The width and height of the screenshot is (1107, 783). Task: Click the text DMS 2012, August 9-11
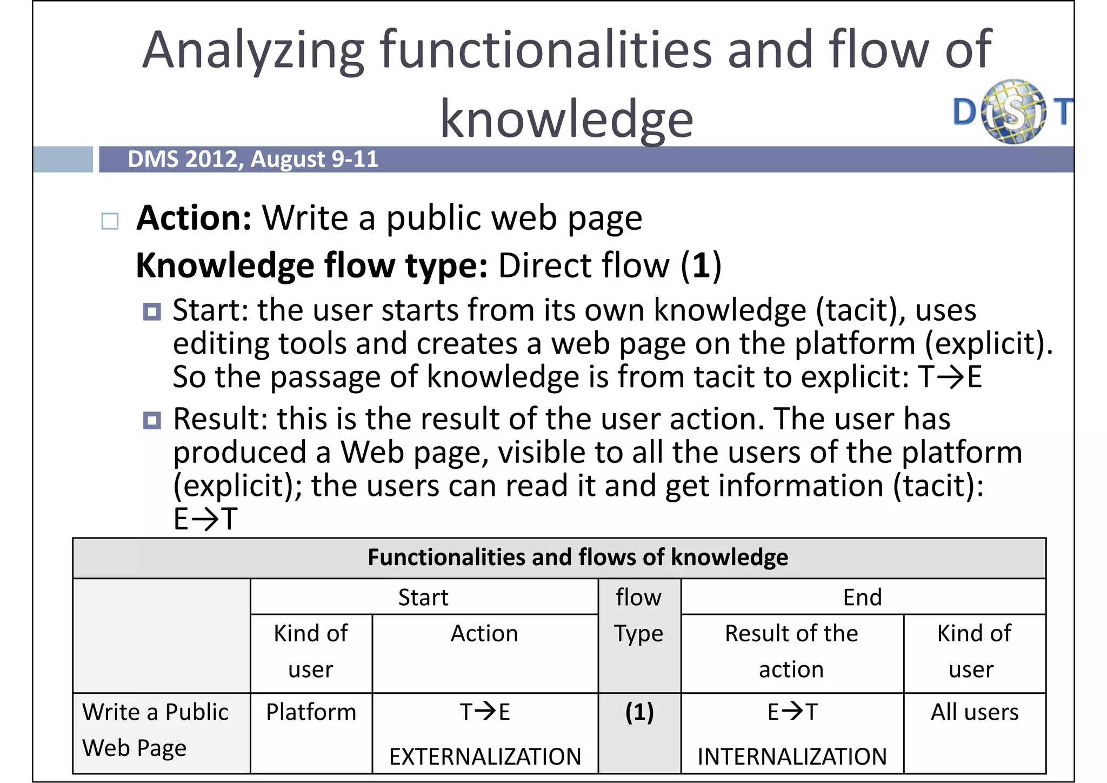(x=252, y=160)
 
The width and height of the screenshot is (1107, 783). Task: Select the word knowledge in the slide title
(x=566, y=119)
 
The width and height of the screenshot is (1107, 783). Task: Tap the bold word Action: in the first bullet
(x=194, y=218)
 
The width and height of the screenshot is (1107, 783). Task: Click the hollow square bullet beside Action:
(x=110, y=221)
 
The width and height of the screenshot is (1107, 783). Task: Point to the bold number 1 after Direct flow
(x=701, y=266)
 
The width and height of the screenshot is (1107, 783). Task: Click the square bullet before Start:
(x=152, y=311)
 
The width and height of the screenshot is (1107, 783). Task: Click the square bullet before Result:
(x=152, y=420)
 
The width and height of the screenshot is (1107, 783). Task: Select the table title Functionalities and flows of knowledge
(x=577, y=558)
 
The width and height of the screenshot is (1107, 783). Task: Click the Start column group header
(x=423, y=598)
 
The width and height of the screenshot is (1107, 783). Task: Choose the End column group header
(x=862, y=598)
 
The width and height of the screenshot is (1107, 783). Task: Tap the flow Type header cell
(x=638, y=615)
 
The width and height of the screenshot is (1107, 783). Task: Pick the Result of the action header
(x=791, y=651)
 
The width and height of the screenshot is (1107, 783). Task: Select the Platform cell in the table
(x=311, y=712)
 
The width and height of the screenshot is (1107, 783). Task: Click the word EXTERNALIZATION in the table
(x=485, y=757)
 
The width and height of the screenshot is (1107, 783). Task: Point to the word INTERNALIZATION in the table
(x=792, y=757)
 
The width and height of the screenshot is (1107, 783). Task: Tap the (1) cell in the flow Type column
(x=639, y=712)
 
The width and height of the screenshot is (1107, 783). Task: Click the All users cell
(x=974, y=712)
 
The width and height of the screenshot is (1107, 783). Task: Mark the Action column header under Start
(x=484, y=634)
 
